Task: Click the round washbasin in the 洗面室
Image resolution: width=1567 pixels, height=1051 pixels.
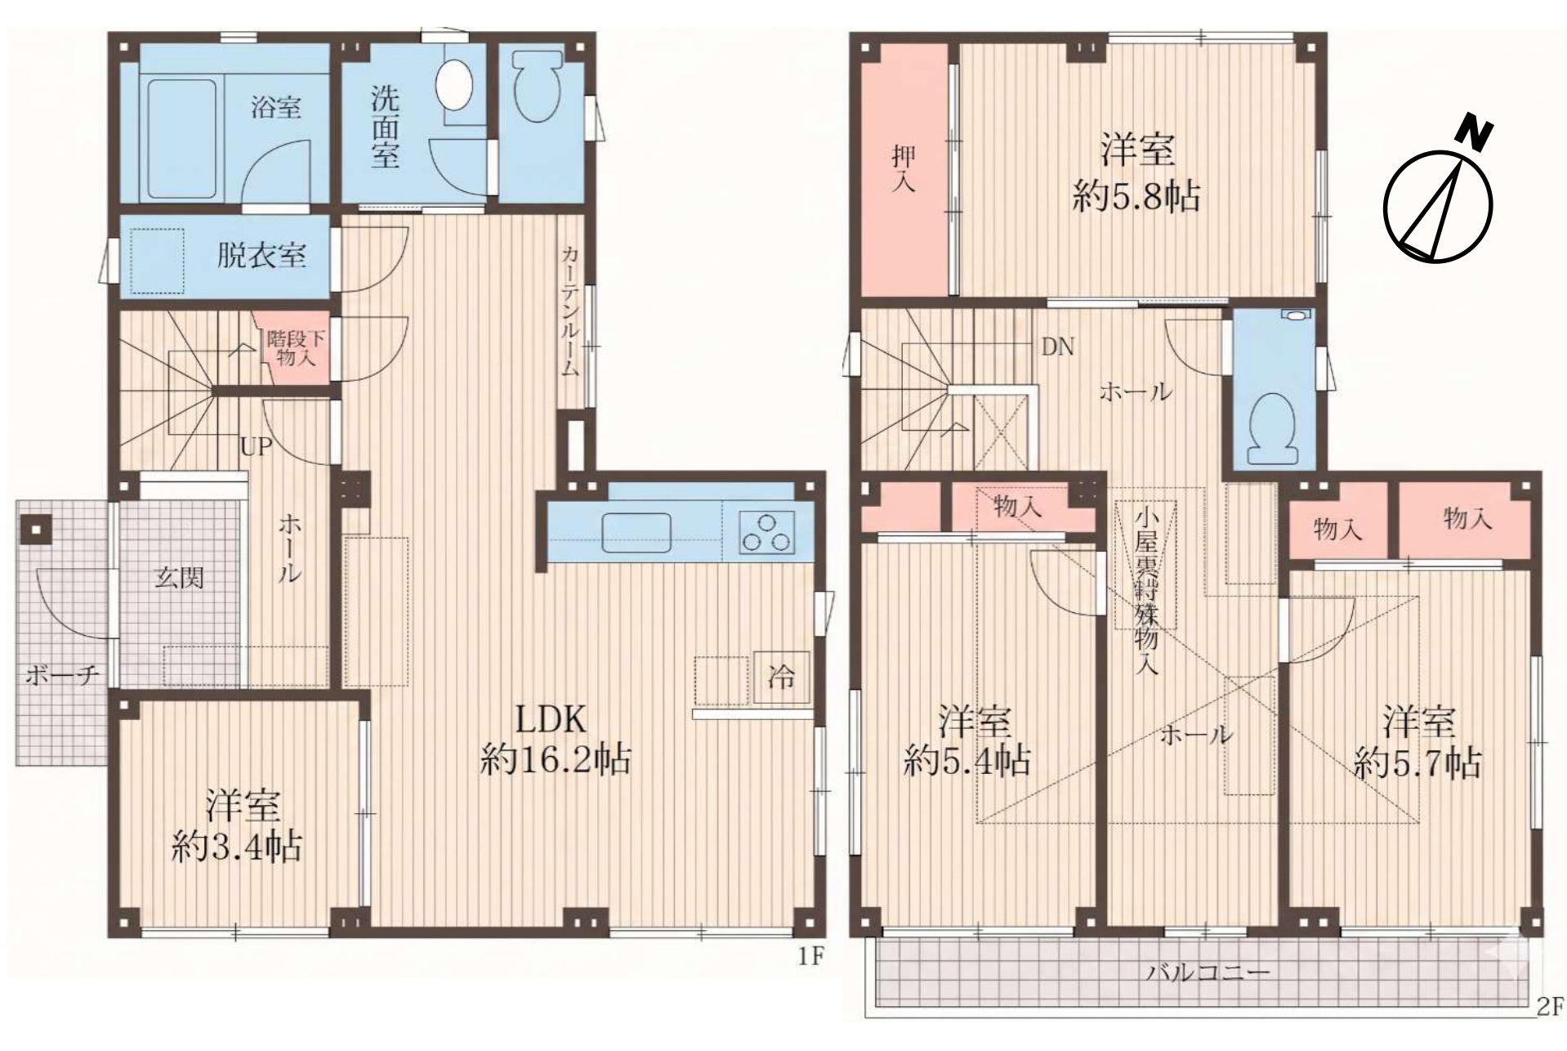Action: point(455,85)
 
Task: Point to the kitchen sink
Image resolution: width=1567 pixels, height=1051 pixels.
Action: point(636,532)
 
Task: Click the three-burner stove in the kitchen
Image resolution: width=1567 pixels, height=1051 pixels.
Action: point(766,531)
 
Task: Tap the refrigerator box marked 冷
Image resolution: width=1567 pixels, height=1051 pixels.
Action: point(781,677)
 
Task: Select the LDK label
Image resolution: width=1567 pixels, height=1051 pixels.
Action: point(551,719)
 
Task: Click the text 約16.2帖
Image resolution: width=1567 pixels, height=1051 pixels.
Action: point(555,761)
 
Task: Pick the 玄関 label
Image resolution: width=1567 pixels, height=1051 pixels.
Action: point(179,579)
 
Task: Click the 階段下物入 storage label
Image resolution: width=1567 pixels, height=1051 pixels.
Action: point(291,347)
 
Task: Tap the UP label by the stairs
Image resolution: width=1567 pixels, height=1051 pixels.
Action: point(255,446)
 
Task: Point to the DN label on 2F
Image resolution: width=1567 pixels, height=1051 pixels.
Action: point(1057,347)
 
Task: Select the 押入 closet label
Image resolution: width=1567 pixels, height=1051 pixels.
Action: point(903,168)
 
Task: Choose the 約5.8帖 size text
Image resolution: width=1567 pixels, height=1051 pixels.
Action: point(1136,197)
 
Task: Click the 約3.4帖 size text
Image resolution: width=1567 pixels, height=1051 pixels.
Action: point(237,847)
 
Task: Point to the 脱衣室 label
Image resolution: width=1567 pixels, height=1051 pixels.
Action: point(261,256)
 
